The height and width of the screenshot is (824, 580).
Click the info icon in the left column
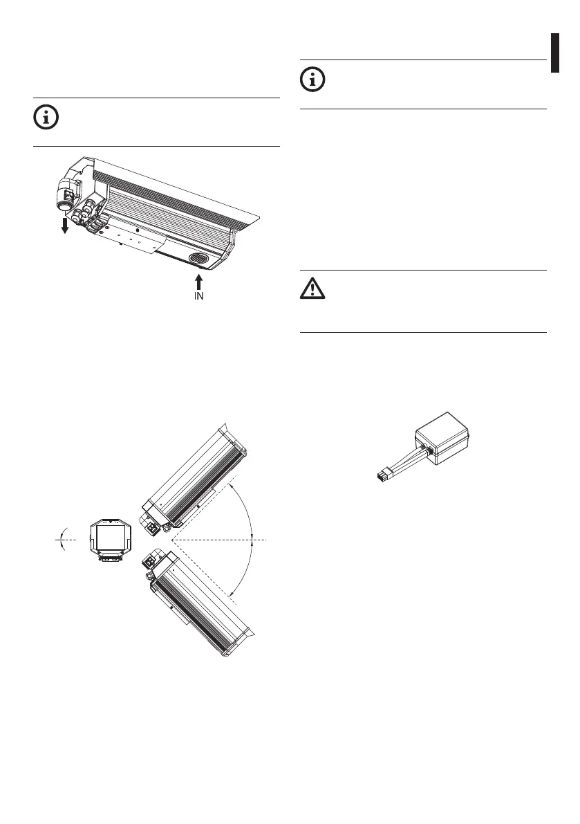point(46,118)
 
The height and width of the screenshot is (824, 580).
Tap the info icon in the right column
point(313,80)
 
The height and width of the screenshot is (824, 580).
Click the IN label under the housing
point(199,296)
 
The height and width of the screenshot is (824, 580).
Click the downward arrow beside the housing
point(64,226)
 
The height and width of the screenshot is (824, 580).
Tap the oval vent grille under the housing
point(198,259)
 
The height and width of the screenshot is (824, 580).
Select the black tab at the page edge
point(555,53)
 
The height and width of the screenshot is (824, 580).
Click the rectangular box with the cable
point(442,438)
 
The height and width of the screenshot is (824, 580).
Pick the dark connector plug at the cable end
point(384,476)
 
